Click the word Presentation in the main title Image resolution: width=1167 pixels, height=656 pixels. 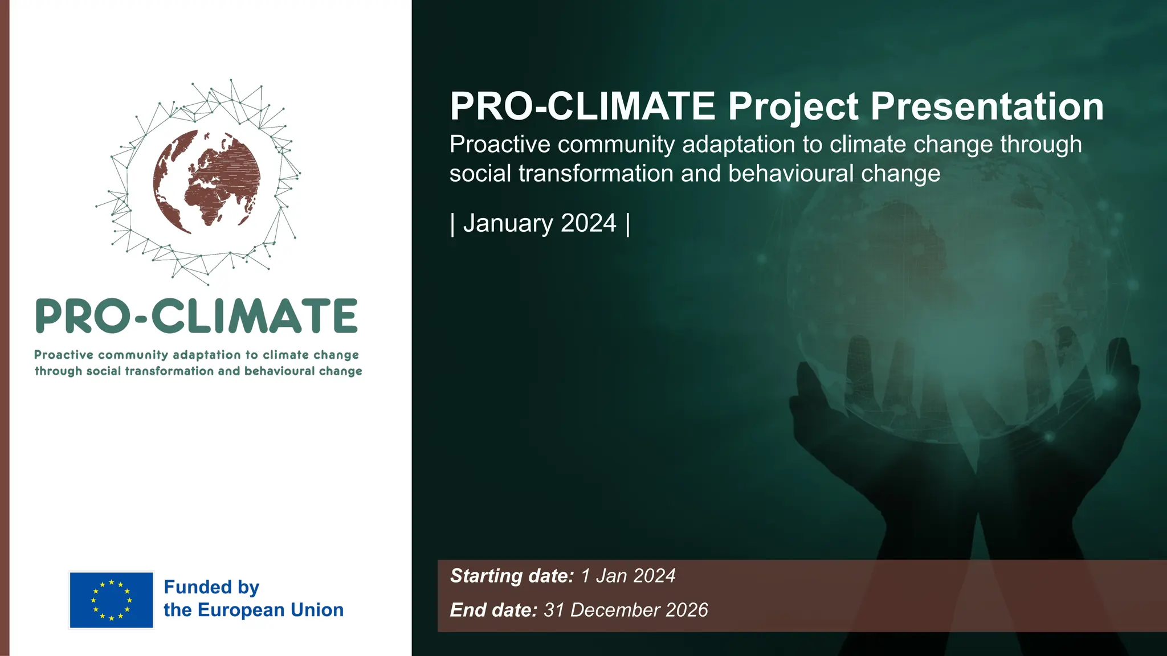[987, 106]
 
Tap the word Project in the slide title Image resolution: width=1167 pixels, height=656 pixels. [793, 106]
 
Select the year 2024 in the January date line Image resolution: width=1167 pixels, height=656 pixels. [588, 223]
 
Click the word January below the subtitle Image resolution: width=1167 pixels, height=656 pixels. [508, 223]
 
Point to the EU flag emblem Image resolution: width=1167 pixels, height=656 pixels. [111, 600]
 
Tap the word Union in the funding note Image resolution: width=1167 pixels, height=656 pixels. [317, 610]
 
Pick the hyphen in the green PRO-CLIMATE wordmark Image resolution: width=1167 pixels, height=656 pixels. [142, 318]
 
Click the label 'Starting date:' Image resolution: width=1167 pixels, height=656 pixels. [512, 576]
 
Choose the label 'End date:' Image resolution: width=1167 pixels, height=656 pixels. [493, 610]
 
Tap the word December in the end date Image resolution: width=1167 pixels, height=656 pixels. [612, 610]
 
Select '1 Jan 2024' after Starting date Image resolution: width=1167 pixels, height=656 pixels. [628, 576]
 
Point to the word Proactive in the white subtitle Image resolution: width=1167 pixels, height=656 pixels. [500, 145]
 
